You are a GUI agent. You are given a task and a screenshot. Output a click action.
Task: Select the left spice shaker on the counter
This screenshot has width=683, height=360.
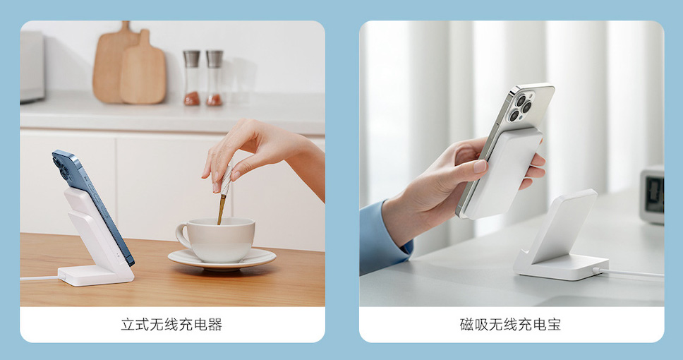[x=192, y=78]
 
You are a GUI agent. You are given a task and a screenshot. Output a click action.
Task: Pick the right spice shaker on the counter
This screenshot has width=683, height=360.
[x=214, y=78]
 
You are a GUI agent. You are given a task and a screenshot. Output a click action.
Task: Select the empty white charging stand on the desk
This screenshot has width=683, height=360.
[x=560, y=238]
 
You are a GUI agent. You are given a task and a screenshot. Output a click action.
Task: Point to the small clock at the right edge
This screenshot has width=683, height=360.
[x=652, y=194]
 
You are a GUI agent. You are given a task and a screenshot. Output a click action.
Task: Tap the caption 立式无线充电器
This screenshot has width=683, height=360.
[x=171, y=325]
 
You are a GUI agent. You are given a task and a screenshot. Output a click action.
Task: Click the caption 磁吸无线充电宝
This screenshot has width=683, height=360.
[x=511, y=325]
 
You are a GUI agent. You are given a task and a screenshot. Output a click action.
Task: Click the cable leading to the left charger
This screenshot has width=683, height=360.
[x=40, y=278]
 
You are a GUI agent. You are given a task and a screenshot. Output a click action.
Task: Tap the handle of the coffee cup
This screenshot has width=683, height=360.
[x=183, y=236]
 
